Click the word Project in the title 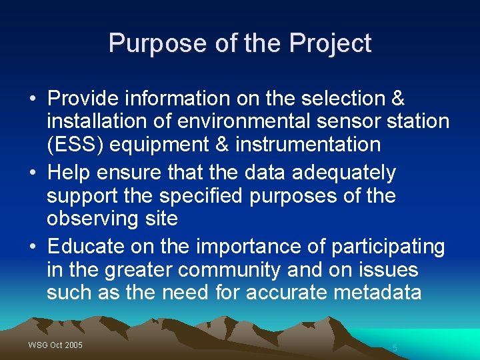click(330, 44)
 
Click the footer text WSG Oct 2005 click(55, 345)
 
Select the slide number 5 click(395, 348)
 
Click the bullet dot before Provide click(33, 99)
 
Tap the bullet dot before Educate click(33, 247)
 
